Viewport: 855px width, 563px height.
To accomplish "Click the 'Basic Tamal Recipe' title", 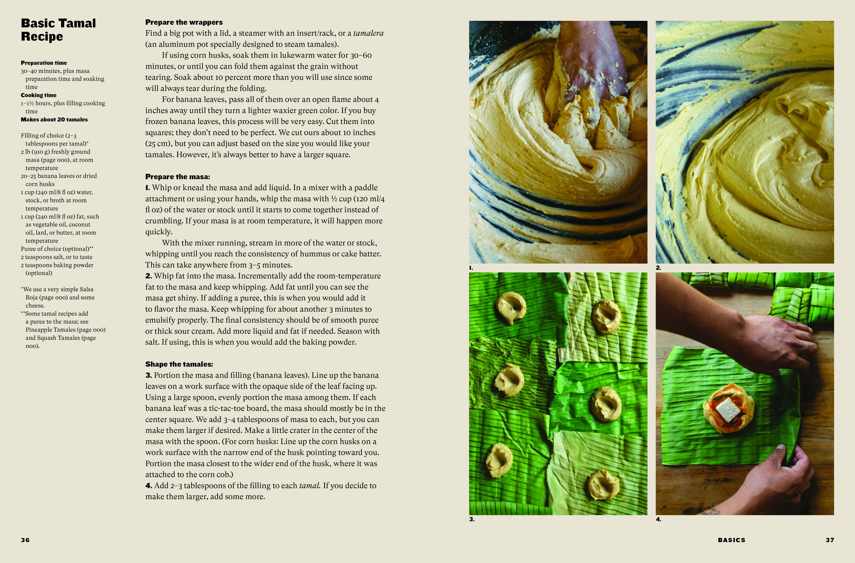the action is click(x=58, y=30).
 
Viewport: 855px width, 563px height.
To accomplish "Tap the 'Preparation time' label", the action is click(x=44, y=63).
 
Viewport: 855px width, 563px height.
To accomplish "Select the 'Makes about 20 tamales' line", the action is click(x=54, y=120).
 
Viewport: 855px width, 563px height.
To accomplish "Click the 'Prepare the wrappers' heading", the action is click(x=184, y=22).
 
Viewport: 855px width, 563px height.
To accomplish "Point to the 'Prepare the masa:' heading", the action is click(x=177, y=177).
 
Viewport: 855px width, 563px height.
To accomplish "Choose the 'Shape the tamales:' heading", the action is click(x=179, y=364).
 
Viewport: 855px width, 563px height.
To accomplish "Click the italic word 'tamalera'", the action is click(x=368, y=33).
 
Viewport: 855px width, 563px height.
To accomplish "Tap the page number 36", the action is click(x=25, y=540).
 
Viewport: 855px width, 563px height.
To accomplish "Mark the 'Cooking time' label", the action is click(x=38, y=95).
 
